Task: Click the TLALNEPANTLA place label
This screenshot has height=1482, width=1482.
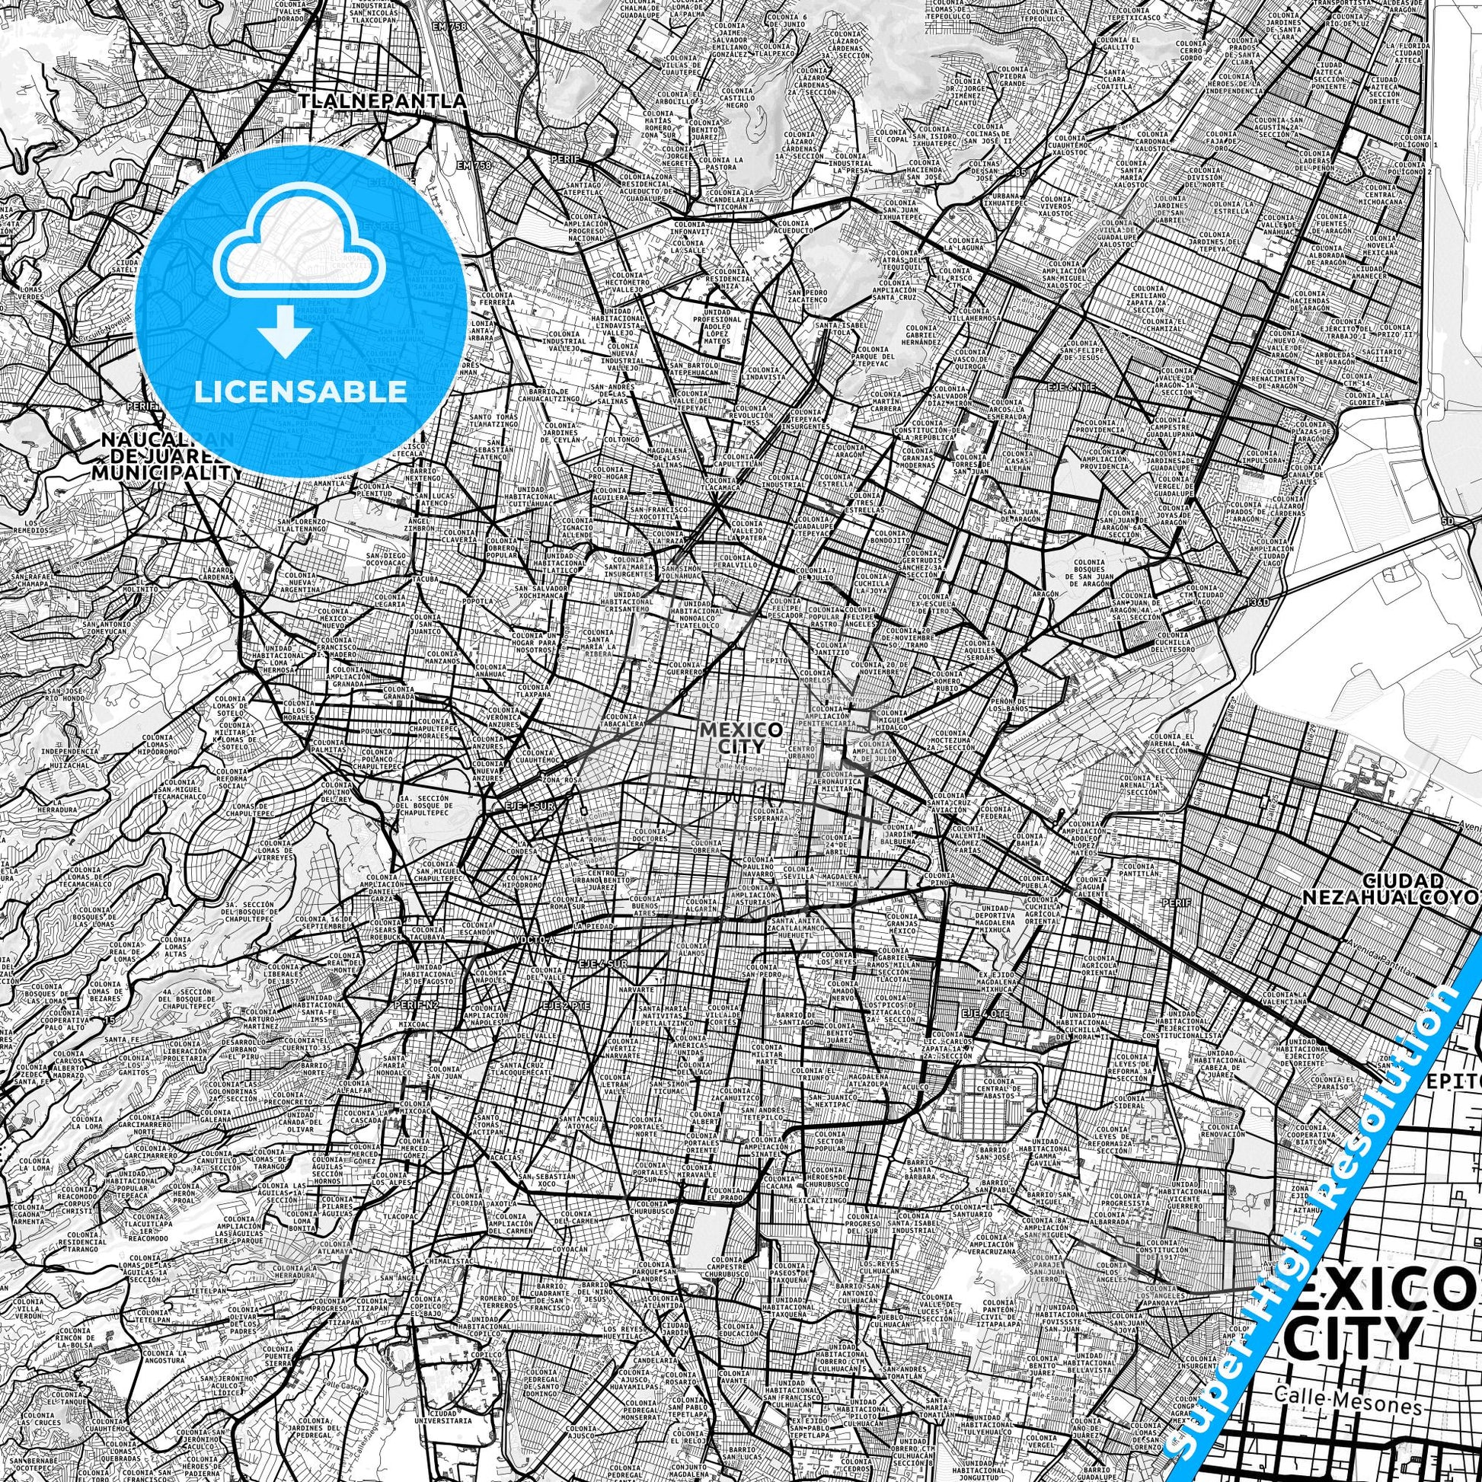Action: coord(382,101)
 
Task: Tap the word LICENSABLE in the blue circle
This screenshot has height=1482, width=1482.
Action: coord(301,391)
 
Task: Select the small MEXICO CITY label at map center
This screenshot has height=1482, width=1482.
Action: coord(741,737)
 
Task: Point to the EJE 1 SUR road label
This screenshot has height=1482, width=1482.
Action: coord(529,806)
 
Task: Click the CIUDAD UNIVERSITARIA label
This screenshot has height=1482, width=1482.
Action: coord(454,1413)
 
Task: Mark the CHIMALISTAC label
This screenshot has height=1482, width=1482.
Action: coord(446,1260)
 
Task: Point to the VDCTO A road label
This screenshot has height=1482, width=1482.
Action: coord(531,939)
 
